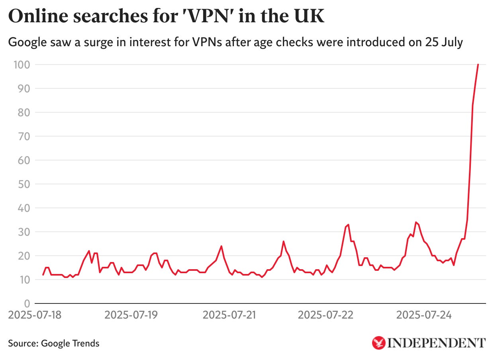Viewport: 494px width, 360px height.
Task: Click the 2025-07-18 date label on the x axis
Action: click(x=35, y=315)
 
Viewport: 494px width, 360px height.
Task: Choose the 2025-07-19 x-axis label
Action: click(x=131, y=315)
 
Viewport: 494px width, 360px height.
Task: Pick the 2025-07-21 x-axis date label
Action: click(x=229, y=315)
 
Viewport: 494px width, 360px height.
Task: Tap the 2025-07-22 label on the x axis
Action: click(x=325, y=315)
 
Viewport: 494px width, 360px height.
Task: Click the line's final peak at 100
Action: click(x=478, y=65)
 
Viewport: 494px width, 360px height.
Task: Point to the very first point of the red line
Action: click(x=43, y=275)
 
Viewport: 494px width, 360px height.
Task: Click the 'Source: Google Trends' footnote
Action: click(x=53, y=343)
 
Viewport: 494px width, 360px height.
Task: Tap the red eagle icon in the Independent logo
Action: click(x=378, y=342)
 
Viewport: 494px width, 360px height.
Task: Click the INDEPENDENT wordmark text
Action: click(x=437, y=342)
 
